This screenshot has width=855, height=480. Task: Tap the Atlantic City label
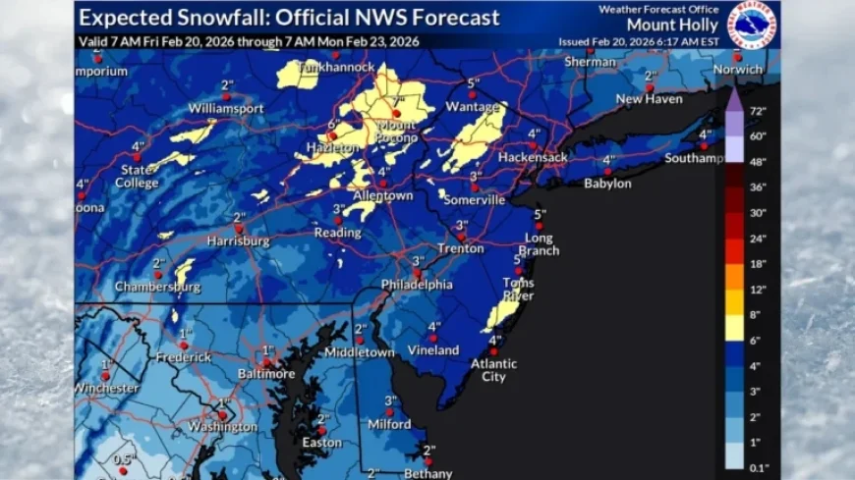pyautogui.click(x=493, y=369)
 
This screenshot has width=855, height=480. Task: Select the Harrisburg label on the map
pyautogui.click(x=238, y=240)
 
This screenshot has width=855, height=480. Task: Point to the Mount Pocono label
pyautogui.click(x=398, y=133)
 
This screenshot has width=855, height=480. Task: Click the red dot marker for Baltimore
pyautogui.click(x=266, y=360)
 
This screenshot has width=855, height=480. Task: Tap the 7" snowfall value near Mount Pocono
pyautogui.click(x=399, y=100)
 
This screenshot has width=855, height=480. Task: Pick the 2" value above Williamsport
pyautogui.click(x=226, y=84)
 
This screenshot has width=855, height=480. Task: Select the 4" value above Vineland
pyautogui.click(x=433, y=327)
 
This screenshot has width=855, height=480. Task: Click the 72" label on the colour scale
pyautogui.click(x=758, y=111)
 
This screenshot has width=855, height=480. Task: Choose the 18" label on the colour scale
pyautogui.click(x=758, y=263)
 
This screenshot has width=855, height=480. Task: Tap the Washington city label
pyautogui.click(x=223, y=427)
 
